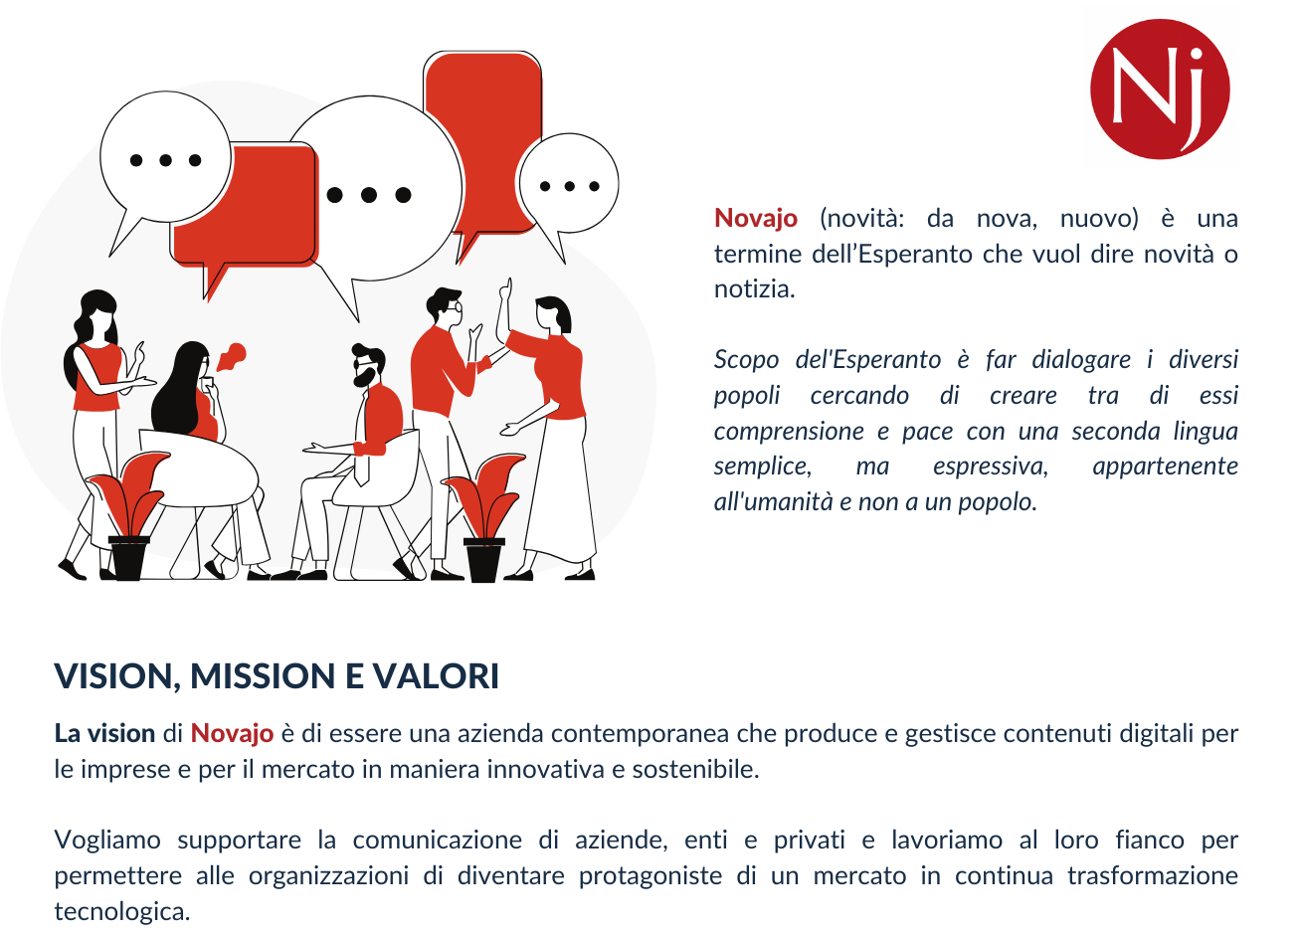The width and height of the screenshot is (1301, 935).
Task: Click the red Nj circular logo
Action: click(1160, 89)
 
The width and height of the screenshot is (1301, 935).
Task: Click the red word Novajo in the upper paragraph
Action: click(756, 218)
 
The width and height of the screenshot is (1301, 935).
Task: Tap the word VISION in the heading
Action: click(113, 676)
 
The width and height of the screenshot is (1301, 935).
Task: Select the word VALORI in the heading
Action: click(435, 676)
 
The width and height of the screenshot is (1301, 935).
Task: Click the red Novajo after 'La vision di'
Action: click(232, 733)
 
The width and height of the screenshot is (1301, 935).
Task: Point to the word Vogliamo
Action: click(107, 841)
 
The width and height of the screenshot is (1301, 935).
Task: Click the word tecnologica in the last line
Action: click(122, 911)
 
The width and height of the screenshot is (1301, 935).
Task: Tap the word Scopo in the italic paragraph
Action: click(746, 360)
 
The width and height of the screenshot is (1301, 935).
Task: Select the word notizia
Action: click(755, 289)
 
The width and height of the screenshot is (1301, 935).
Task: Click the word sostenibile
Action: click(695, 770)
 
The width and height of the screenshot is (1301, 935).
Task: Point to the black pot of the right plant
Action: click(483, 560)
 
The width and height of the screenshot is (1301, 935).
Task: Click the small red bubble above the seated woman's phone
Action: click(233, 355)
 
